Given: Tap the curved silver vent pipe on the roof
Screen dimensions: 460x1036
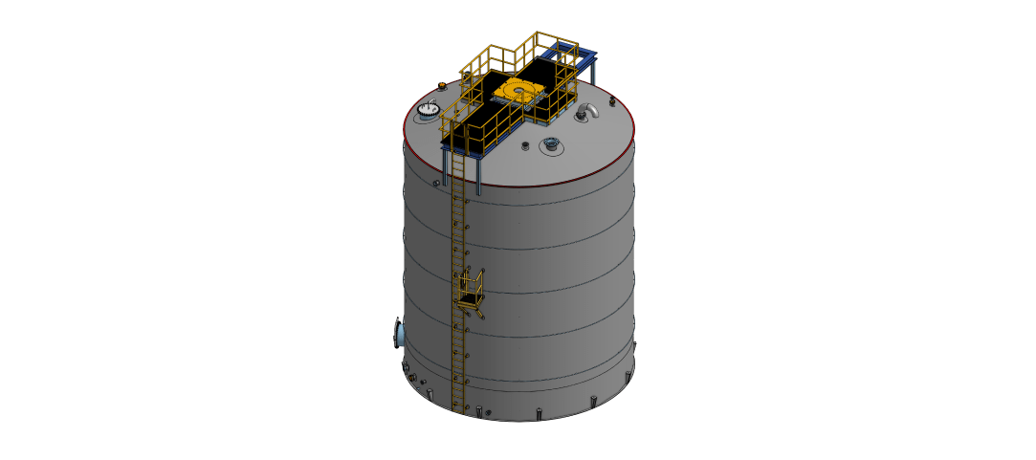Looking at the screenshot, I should click(x=589, y=111).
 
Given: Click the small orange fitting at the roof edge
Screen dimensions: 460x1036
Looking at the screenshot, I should click(x=441, y=87).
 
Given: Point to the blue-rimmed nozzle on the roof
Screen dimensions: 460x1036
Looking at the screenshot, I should click(x=550, y=144).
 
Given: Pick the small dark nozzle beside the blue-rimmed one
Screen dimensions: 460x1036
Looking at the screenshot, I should click(x=525, y=145).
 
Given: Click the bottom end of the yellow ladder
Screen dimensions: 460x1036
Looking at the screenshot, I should click(x=457, y=407).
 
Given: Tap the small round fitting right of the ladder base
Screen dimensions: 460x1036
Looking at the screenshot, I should click(x=489, y=412).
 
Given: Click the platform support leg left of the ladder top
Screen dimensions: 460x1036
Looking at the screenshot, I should click(x=445, y=166).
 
